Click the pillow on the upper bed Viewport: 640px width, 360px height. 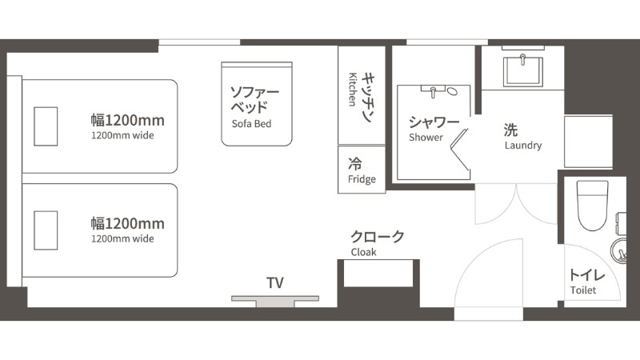[46, 126]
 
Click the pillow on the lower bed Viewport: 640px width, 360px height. [46, 230]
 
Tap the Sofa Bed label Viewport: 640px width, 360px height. [251, 124]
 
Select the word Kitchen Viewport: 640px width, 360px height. [353, 90]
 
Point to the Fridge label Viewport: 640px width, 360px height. [362, 179]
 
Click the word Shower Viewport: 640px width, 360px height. [426, 137]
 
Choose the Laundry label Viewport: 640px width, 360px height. [523, 146]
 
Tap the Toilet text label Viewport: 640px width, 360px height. [583, 290]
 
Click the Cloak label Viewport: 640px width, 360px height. [363, 252]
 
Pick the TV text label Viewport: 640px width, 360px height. [275, 283]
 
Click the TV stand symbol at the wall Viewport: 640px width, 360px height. [275, 302]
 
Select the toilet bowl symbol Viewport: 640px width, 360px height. [593, 206]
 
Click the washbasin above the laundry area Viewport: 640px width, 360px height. [523, 71]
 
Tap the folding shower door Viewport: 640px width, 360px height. [460, 150]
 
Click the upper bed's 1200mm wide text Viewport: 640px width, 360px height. [122, 135]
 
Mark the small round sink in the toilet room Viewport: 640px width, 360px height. [618, 251]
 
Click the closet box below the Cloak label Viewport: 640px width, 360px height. [378, 274]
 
